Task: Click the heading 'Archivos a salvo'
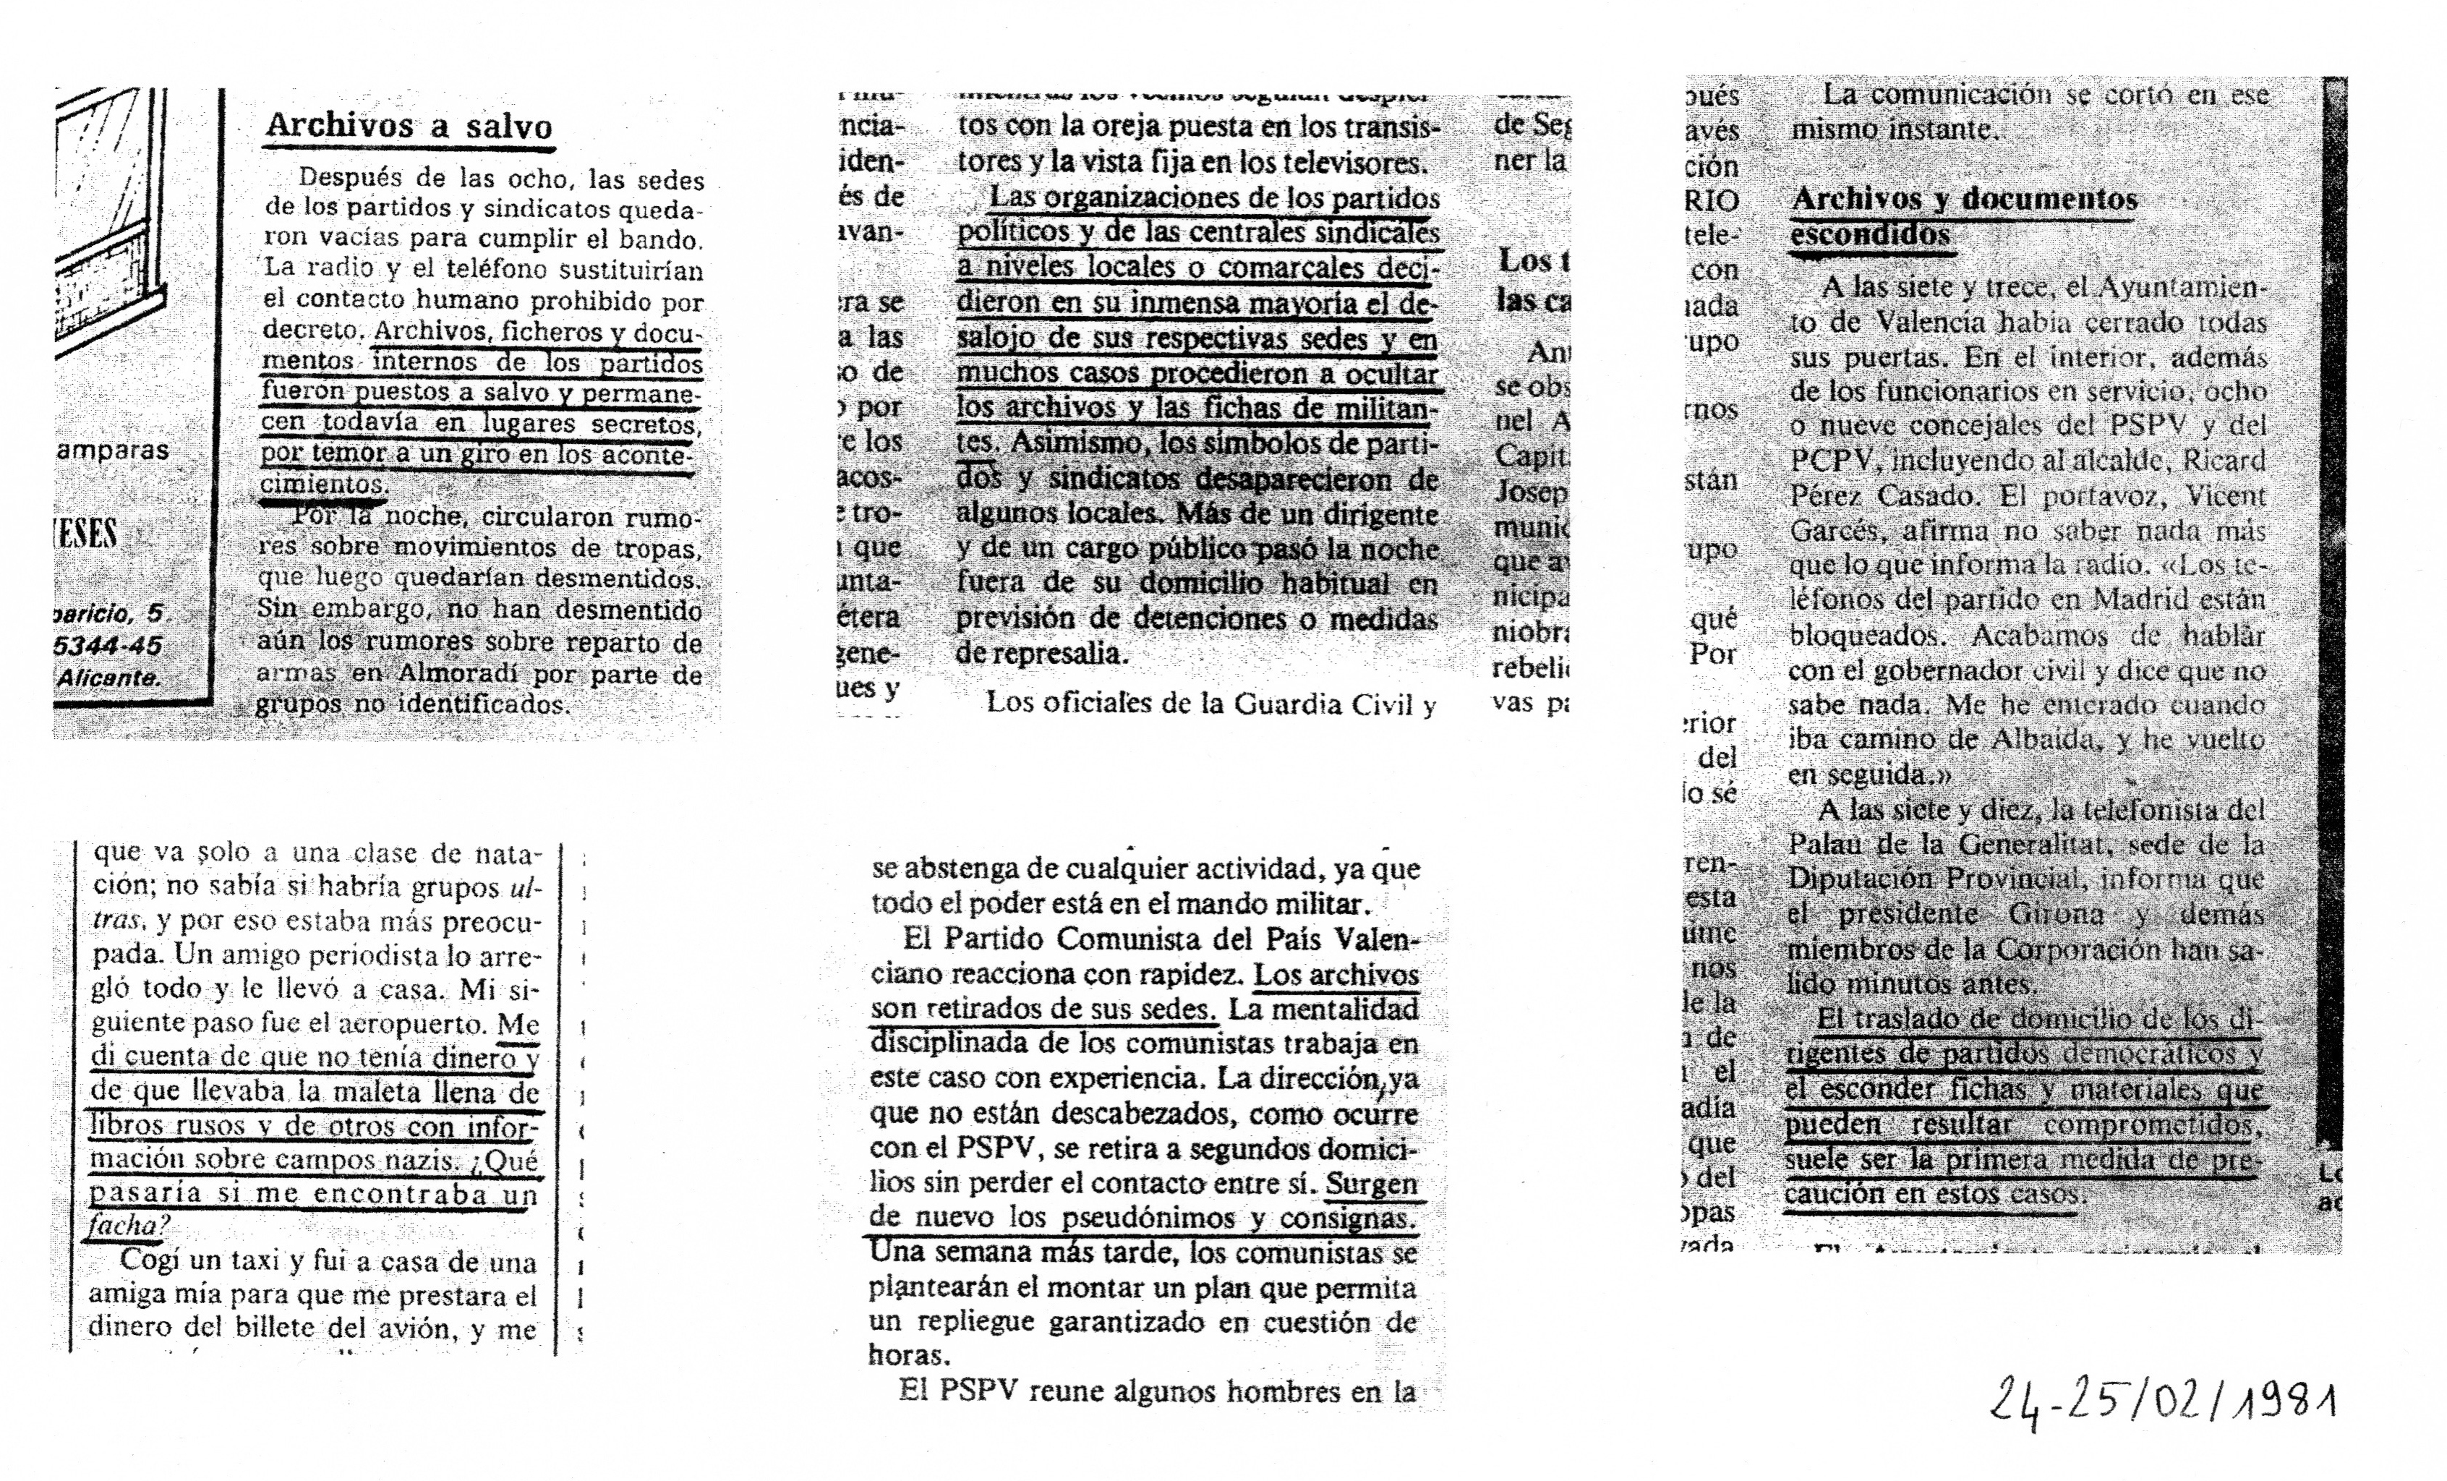tap(408, 126)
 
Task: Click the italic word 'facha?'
tap(124, 1226)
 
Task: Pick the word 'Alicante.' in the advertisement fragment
tap(108, 678)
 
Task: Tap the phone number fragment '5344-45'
tap(107, 646)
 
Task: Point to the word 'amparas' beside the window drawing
tap(112, 450)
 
